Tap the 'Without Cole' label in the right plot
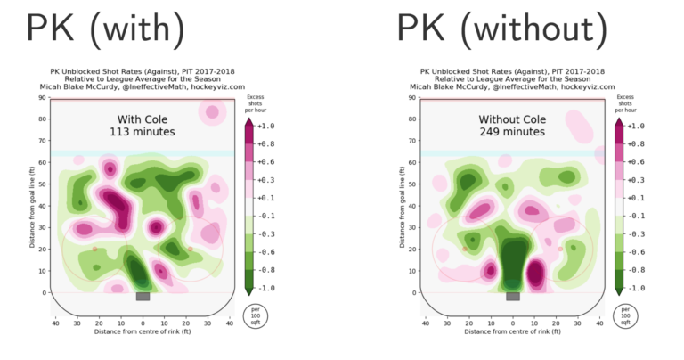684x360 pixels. tap(512, 119)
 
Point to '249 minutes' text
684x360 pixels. tap(512, 132)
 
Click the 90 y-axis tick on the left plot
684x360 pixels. tap(42, 97)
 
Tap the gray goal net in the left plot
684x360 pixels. tap(142, 297)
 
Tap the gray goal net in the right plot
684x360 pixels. tap(512, 297)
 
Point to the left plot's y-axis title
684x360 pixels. tap(31, 195)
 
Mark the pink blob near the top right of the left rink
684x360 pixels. tap(212, 111)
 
